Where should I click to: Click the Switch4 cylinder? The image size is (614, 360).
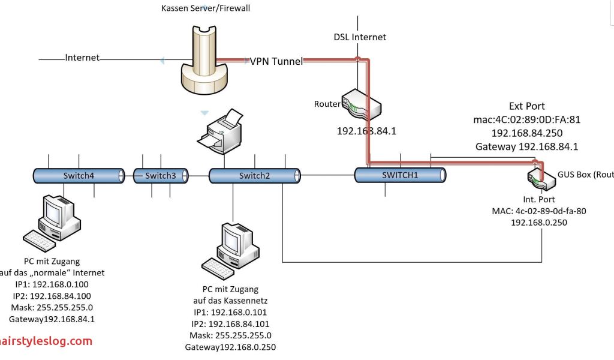[x=79, y=175]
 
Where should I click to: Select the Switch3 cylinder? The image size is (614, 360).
[x=160, y=175]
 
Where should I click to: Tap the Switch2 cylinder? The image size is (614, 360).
[x=254, y=175]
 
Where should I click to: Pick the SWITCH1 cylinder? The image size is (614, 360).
[x=400, y=175]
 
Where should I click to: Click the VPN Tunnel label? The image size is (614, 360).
[x=276, y=61]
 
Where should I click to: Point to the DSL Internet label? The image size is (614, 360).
[x=360, y=37]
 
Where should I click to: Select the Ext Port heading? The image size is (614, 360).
[x=527, y=106]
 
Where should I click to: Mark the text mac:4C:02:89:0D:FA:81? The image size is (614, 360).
[x=527, y=119]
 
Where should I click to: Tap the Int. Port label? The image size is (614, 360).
[x=539, y=199]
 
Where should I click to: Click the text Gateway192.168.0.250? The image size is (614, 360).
[x=230, y=347]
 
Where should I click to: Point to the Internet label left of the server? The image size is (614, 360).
[x=82, y=58]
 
